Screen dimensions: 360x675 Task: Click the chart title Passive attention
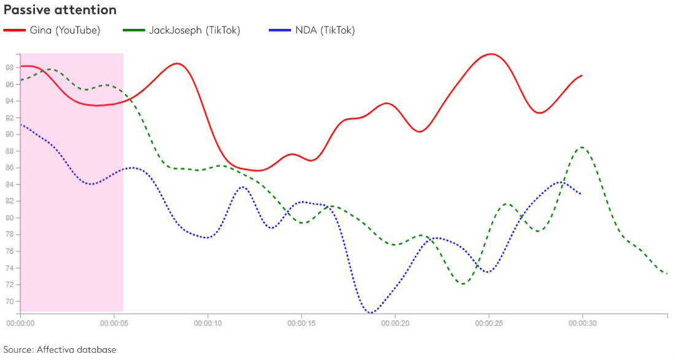(60, 10)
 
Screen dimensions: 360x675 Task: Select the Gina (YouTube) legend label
(65, 30)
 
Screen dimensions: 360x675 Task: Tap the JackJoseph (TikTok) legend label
(195, 30)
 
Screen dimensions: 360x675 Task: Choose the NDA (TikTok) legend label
(326, 30)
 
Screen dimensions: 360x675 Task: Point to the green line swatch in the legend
(134, 30)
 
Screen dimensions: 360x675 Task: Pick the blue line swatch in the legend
(280, 30)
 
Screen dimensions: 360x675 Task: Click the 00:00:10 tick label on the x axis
(208, 321)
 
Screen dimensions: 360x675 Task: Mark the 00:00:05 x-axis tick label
(115, 321)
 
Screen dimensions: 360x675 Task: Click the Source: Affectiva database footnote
(60, 350)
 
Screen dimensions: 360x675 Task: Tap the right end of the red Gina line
(582, 75)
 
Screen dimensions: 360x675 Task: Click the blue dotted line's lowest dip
(370, 313)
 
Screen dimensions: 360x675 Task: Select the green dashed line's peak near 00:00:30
(581, 147)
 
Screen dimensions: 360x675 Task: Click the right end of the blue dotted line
(580, 194)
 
